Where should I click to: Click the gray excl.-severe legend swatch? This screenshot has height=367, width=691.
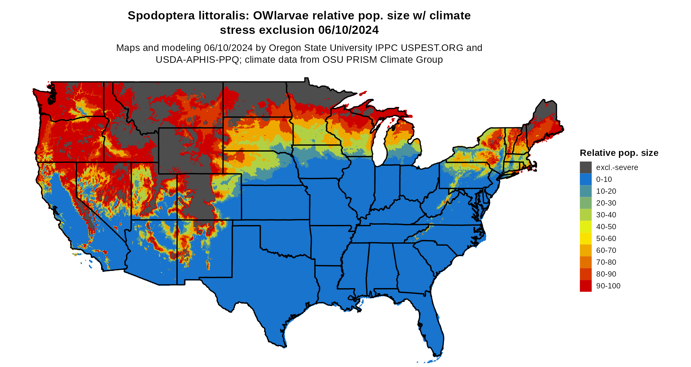[585, 167]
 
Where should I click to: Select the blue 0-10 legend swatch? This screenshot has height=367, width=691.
[585, 179]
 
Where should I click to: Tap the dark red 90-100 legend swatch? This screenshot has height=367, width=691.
[585, 286]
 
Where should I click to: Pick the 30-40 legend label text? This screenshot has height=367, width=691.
[606, 215]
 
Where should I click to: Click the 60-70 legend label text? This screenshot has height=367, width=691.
[606, 250]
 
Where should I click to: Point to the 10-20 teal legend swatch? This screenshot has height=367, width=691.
[585, 191]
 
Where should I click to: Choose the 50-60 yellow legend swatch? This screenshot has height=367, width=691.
[585, 238]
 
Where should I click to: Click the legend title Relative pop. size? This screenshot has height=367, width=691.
[619, 153]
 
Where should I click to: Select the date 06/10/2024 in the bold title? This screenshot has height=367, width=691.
[348, 30]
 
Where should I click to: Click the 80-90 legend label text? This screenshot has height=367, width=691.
[606, 274]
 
